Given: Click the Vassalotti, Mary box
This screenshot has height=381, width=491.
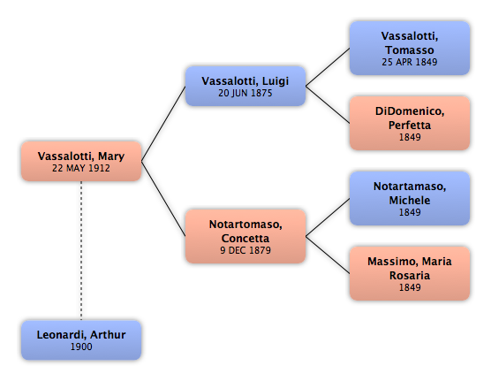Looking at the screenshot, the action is pos(81,161).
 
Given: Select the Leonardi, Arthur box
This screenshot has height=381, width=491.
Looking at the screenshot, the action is pos(81,340).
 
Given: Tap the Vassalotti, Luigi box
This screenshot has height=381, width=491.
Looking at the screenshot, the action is pos(245,86).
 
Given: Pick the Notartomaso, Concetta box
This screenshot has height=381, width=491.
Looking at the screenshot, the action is pos(245,236).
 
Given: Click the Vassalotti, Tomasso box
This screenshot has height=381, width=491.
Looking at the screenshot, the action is pos(410,48).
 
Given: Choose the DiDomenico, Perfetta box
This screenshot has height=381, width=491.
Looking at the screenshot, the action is pos(410,123).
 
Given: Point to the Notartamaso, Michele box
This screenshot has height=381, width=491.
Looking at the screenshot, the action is pos(410,198).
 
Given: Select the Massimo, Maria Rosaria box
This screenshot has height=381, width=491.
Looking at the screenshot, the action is pos(410,273).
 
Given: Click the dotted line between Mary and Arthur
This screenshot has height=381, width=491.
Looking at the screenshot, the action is pos(81,250).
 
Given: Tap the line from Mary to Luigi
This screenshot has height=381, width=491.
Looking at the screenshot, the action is pos(163,124).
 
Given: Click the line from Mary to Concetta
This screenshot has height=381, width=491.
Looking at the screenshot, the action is pos(163,199).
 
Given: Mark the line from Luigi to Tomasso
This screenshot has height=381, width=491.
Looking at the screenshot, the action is pos(328,67).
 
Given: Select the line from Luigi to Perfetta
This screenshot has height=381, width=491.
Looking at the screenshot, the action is pos(328,104).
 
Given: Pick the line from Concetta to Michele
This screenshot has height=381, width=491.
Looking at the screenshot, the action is pos(328,217).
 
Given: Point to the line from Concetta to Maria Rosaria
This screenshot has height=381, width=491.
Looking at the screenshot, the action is pos(328,255).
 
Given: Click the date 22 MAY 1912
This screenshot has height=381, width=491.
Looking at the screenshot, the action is pos(81,168).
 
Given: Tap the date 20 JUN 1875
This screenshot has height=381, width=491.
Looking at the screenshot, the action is pos(245,93).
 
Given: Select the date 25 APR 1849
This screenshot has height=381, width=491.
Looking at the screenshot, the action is pos(410,62).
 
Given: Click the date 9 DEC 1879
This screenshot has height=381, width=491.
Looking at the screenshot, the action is pos(245,250).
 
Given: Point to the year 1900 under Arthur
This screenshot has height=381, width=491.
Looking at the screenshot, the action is pos(81,347).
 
